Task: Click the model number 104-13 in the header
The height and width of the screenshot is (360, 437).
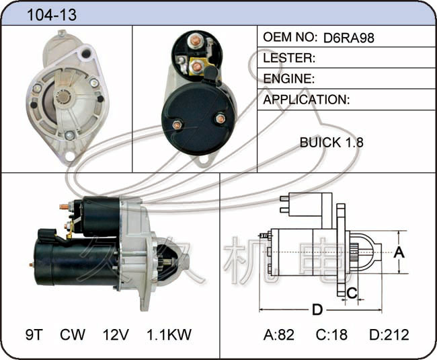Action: [x=52, y=15]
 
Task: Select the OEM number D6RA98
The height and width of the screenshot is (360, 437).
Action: [x=349, y=38]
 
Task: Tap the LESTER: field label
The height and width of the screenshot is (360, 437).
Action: [x=289, y=58]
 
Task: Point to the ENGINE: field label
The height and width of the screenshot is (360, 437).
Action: [x=288, y=79]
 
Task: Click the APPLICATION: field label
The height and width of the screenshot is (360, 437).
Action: [x=307, y=100]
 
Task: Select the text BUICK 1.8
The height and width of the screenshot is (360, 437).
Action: [x=331, y=143]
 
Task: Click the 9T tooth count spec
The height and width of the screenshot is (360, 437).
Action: [x=34, y=334]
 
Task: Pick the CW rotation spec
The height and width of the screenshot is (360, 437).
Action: [x=73, y=334]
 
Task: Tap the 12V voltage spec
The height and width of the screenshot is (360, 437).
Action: [x=116, y=334]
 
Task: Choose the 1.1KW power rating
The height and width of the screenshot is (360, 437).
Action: [x=169, y=334]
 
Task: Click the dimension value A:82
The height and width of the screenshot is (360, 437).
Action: [x=279, y=334]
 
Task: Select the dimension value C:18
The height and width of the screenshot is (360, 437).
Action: [x=331, y=334]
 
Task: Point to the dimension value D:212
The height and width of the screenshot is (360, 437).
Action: [x=389, y=334]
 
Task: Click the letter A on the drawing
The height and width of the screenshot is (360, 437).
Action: [x=399, y=252]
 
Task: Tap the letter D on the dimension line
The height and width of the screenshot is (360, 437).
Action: [x=317, y=310]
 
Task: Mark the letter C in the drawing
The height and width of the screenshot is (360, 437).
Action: [x=352, y=293]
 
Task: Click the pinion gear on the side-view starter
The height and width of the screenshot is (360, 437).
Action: [x=168, y=262]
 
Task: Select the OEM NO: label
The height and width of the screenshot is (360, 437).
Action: [x=290, y=37]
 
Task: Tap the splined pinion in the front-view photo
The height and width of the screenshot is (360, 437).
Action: [x=63, y=97]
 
